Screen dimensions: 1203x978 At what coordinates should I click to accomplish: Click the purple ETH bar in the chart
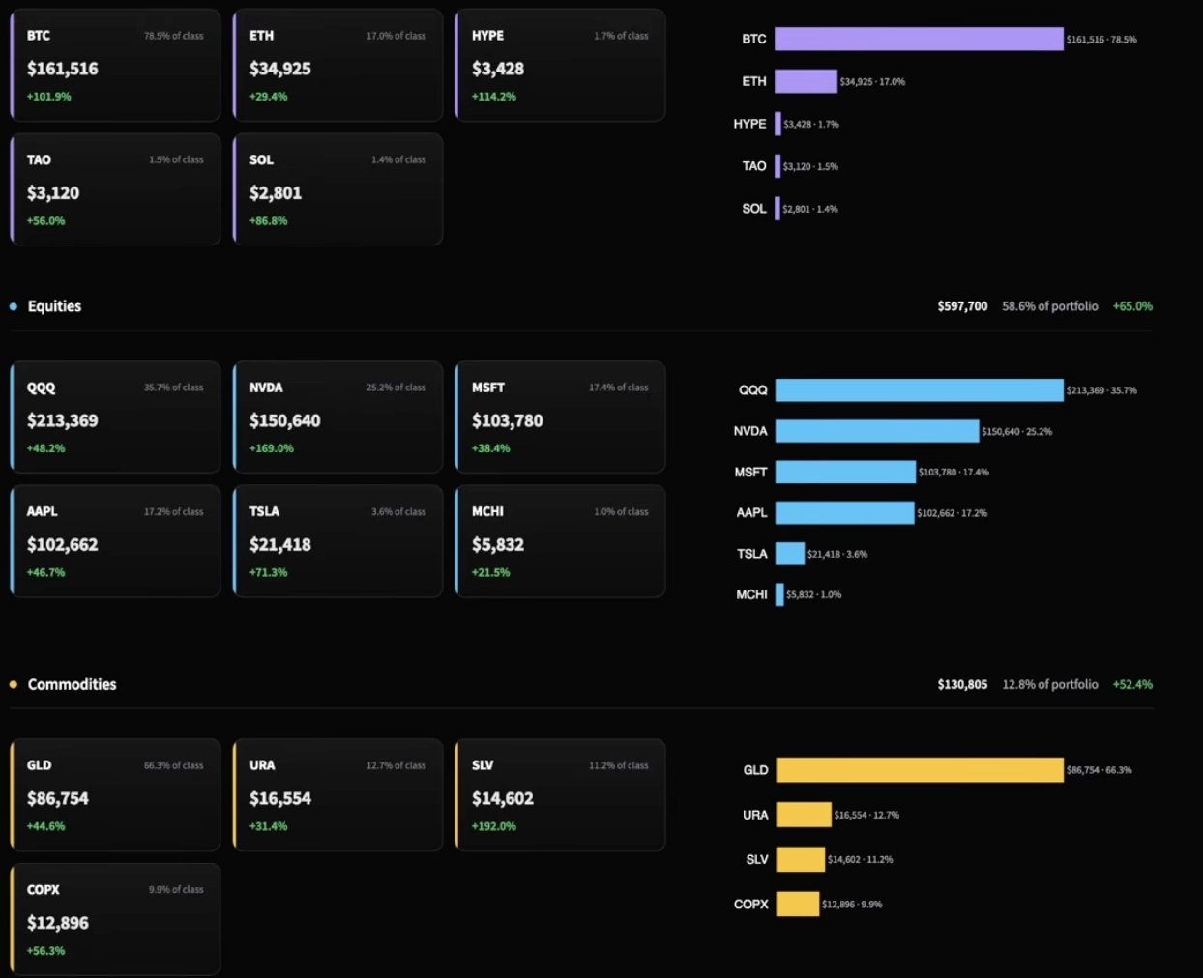pos(806,81)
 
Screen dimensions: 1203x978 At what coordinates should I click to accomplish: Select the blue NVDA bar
pos(877,431)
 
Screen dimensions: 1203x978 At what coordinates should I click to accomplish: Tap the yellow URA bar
pos(804,815)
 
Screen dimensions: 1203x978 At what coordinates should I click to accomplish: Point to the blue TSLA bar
pos(790,554)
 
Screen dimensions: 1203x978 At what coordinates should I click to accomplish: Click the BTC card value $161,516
pos(63,69)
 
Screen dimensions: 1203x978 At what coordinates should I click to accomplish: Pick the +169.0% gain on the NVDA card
pos(272,448)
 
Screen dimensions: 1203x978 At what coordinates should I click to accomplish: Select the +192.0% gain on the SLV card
pos(494,826)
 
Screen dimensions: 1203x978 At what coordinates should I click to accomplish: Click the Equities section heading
pos(55,306)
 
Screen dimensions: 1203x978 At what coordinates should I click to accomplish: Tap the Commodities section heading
pos(73,684)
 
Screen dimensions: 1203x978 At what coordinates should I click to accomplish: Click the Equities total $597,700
pos(962,306)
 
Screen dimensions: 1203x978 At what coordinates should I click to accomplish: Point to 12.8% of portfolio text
pos(1050,684)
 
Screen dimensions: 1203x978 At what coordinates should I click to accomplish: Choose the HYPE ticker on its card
pos(488,36)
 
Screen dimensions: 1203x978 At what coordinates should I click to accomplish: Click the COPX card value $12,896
pos(58,923)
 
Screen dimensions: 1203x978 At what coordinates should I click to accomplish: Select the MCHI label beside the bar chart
pos(751,594)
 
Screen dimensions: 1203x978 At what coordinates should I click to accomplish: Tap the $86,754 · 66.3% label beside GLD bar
pos(1100,770)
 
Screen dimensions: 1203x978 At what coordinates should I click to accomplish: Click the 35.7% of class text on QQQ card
pos(173,388)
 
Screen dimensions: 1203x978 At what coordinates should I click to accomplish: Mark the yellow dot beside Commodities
pos(14,684)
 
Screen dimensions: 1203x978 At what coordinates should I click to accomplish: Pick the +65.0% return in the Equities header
pos(1132,306)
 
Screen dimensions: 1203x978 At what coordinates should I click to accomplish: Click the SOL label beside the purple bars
pos(754,208)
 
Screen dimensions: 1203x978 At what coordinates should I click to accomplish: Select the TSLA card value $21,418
pos(280,545)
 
